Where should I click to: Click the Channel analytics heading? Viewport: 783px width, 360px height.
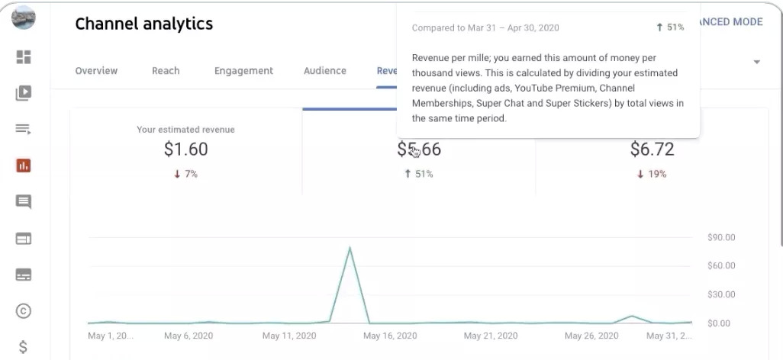pos(143,24)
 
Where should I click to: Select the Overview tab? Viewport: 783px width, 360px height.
pos(96,71)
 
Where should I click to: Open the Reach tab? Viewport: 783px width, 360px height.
pos(166,71)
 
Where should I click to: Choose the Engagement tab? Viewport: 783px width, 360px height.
pos(243,71)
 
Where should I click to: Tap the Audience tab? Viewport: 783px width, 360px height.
pos(325,71)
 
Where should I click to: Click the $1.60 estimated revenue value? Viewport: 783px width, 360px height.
pos(185,149)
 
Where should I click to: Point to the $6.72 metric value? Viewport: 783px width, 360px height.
pos(652,149)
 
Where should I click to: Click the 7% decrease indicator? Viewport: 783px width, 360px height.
pos(185,174)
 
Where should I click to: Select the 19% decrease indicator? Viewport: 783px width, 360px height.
pos(652,174)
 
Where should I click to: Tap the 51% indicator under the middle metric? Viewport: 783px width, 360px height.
pos(418,174)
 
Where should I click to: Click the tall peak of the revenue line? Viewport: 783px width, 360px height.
pos(350,249)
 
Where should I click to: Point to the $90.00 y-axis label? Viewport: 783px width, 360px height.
pos(721,238)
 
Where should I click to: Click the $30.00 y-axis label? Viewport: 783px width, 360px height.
pos(721,294)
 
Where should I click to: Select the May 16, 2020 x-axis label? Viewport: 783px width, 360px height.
pos(390,336)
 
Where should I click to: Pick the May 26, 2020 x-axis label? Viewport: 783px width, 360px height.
pos(592,336)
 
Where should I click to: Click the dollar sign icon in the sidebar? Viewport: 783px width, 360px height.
pos(24,347)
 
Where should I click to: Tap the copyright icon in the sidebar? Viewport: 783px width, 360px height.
pos(24,310)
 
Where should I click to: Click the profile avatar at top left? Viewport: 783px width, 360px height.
pos(24,17)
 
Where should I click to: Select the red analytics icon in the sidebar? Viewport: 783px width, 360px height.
pos(24,166)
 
